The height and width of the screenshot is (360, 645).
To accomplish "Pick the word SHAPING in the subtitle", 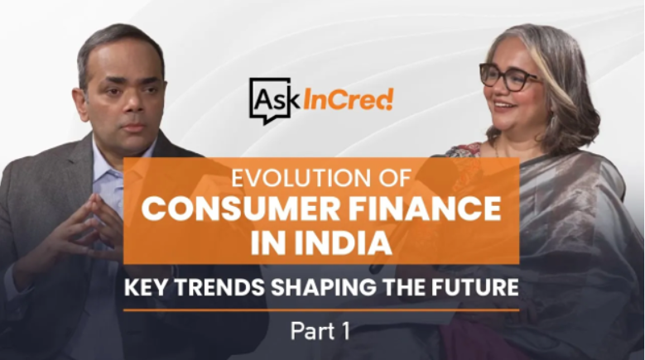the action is tap(323, 287).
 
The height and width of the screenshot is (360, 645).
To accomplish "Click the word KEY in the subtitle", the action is tap(145, 287).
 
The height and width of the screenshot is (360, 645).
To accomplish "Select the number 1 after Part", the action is tap(344, 331).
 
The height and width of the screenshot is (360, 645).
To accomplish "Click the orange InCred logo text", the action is tap(348, 100).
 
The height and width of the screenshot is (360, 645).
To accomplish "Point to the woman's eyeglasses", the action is tap(508, 76).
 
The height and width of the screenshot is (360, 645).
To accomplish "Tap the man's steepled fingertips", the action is tap(94, 199).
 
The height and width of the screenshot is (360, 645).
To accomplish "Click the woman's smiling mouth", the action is tap(504, 106).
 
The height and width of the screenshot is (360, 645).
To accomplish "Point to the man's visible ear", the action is tap(80, 103).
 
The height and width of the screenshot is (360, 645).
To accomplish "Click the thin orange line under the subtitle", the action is tap(321, 310).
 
